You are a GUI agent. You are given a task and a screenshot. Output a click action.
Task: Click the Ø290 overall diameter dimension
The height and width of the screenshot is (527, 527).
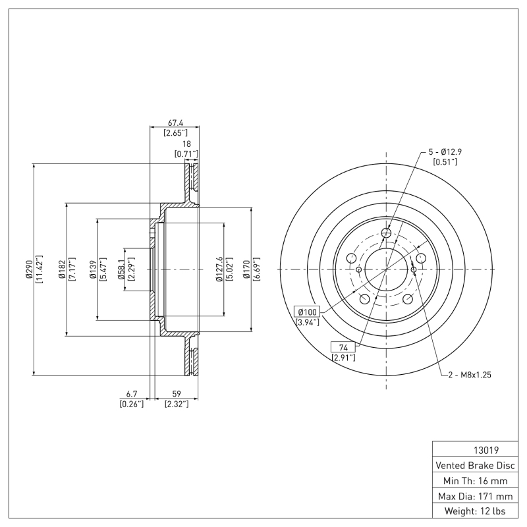click(x=30, y=269)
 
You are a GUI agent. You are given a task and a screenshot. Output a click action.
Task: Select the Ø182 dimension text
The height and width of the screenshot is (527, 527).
click(x=63, y=269)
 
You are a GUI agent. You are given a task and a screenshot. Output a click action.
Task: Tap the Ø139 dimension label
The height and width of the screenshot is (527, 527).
click(x=94, y=269)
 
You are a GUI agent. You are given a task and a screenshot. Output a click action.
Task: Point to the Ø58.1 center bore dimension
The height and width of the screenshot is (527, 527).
click(x=121, y=269)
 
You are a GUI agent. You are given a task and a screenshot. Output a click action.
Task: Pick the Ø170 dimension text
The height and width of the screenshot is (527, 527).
click(x=248, y=269)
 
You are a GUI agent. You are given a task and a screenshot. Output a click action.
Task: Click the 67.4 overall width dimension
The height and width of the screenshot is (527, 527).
click(x=175, y=123)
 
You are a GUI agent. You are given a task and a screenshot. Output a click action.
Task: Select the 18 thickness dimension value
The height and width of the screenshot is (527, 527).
click(x=186, y=143)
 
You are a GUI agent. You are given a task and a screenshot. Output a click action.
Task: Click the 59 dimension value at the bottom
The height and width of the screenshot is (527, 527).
click(x=176, y=395)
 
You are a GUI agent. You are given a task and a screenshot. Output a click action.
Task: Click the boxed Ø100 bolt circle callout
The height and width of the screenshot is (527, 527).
click(x=308, y=312)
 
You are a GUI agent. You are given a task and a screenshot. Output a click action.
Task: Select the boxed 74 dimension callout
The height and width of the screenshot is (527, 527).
click(x=343, y=347)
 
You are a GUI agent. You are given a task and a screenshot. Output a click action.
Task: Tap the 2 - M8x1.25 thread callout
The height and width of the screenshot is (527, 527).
click(x=470, y=375)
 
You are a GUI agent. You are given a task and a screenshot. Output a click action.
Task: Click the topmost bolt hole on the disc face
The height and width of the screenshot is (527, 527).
click(x=387, y=233)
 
